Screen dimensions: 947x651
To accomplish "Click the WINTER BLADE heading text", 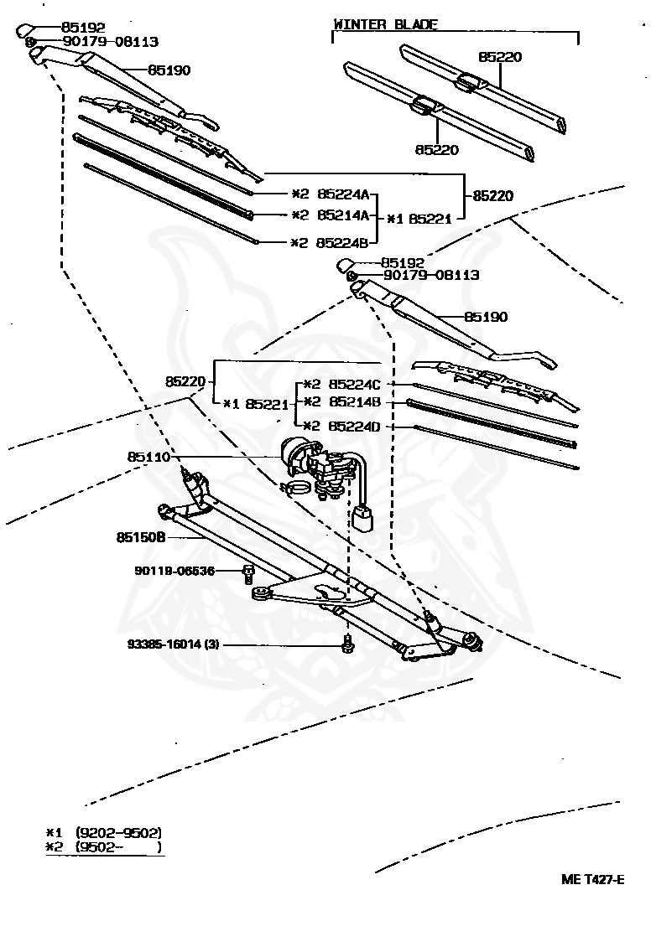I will [385, 24].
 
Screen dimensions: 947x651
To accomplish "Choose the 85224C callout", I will [354, 384].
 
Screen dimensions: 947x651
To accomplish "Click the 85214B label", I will [354, 402].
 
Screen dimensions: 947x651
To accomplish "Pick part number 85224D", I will [354, 426].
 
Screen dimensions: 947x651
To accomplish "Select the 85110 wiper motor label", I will [148, 457].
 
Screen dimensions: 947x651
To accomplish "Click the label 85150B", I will [140, 536].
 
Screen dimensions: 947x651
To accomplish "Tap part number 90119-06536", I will [174, 571].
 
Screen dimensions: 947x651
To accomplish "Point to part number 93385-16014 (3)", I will [174, 644].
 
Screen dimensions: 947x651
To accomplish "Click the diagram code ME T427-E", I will [592, 879].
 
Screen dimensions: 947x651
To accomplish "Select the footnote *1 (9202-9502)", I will [104, 832].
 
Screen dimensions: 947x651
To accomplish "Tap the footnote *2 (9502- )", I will [104, 847].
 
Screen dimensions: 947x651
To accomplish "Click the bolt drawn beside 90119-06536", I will [248, 573].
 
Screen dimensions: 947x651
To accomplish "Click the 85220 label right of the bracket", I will [493, 195].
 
